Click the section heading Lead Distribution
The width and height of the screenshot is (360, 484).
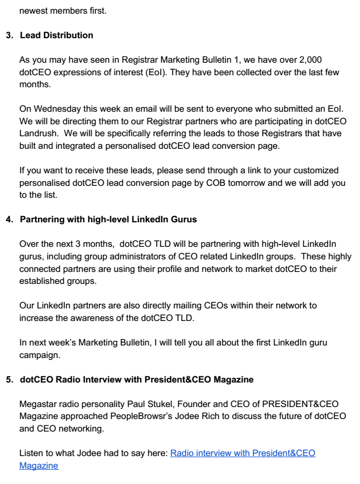[56, 35]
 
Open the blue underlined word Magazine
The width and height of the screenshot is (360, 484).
[38, 465]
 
